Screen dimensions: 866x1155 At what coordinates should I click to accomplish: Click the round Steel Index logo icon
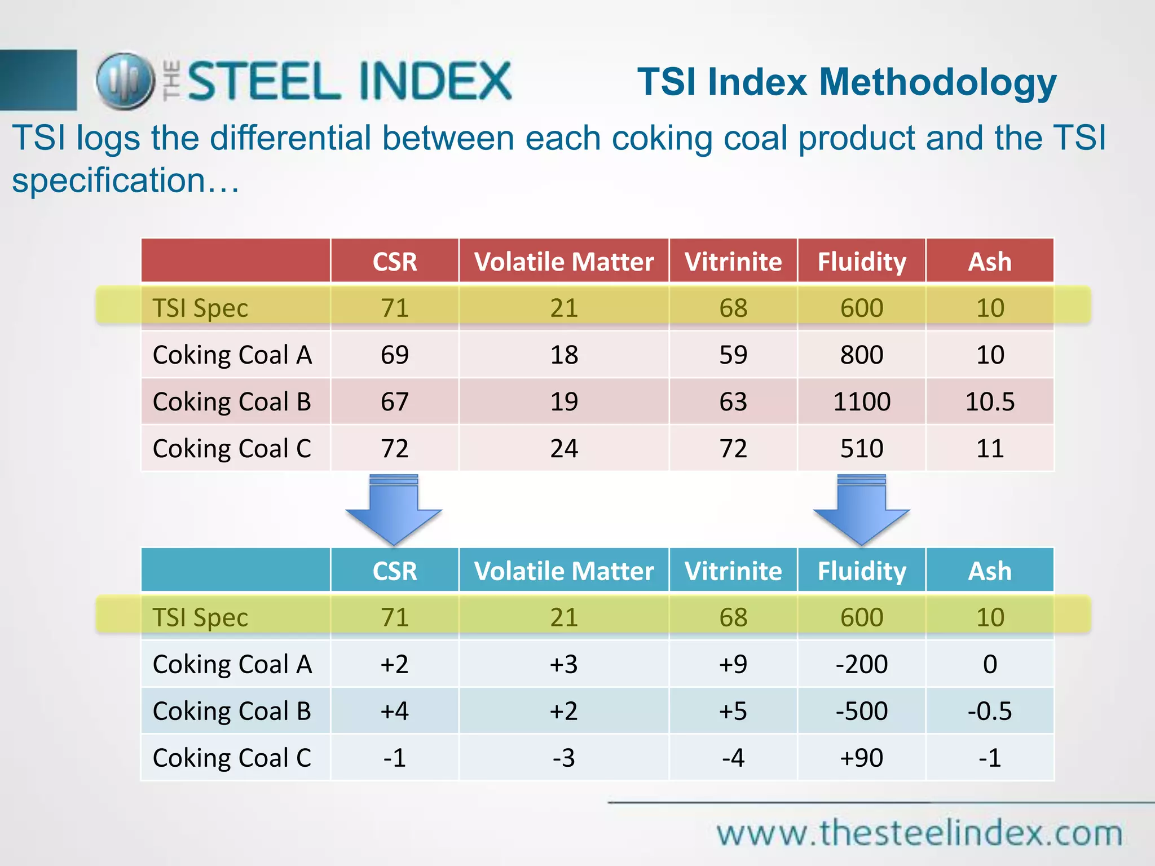pos(125,81)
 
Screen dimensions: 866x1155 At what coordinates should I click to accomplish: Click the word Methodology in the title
pos(937,82)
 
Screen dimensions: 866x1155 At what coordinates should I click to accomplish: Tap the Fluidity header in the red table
pos(861,262)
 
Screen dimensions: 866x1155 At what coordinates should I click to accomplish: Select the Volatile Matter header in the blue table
pos(563,571)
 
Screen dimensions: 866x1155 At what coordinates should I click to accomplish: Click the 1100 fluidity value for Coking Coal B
pos(861,402)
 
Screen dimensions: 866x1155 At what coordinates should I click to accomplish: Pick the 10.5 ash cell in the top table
pos(990,402)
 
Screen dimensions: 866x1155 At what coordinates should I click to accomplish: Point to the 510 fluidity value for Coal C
pos(861,449)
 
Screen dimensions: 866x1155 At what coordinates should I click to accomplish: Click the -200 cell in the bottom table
pos(861,664)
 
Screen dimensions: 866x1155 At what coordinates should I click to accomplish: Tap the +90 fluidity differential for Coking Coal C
pos(861,758)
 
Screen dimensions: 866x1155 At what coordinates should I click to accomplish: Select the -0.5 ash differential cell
pos(990,711)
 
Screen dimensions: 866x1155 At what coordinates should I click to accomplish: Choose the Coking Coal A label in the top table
pos(232,355)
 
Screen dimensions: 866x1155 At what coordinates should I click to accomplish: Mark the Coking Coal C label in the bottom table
pos(232,758)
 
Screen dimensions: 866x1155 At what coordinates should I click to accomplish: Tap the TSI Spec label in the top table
pos(200,308)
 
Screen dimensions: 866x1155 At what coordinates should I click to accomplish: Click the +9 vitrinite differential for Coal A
pos(733,664)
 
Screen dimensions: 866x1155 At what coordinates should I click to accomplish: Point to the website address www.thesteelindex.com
pos(919,833)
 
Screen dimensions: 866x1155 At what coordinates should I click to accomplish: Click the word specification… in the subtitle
pos(125,180)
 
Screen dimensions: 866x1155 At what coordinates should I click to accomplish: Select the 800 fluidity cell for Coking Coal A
pos(861,355)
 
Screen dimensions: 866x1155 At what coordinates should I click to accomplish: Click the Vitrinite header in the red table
pos(733,262)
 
